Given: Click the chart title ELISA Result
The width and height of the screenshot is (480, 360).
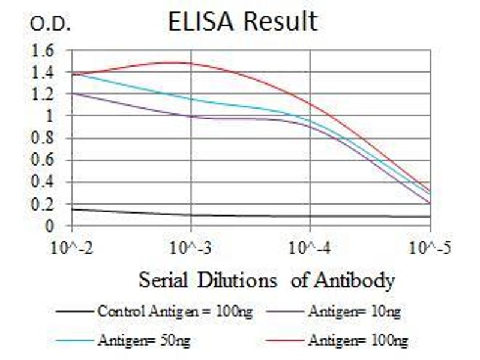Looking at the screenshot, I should point(242,22).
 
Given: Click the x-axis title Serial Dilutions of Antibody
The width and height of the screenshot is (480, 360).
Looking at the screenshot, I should point(267,280).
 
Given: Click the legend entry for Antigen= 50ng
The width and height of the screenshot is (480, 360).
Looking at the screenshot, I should point(144,341).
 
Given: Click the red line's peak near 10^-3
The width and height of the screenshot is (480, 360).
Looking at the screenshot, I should point(180,62).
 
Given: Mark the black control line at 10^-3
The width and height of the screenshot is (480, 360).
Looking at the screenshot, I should point(191,215).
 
